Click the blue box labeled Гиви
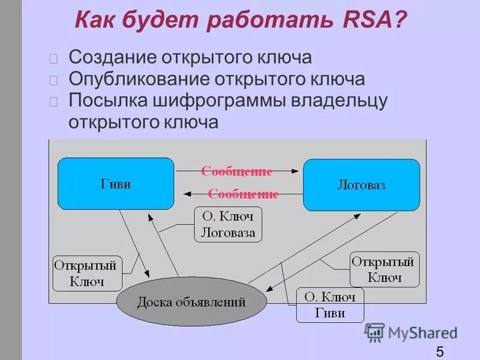[x=116, y=184]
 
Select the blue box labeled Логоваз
[x=361, y=185]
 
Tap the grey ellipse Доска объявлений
[x=191, y=302]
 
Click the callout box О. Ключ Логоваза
[x=228, y=225]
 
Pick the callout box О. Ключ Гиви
[x=330, y=305]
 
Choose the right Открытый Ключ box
[x=384, y=269]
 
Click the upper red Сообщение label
[x=236, y=172]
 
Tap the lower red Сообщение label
[x=243, y=194]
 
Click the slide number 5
[x=440, y=352]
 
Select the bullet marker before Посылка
[x=54, y=101]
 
